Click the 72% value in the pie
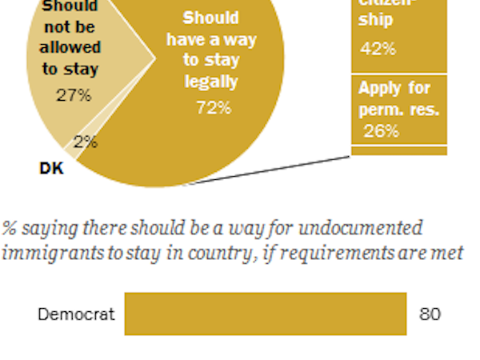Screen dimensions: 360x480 (214, 107)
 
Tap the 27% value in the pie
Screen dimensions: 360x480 (74, 96)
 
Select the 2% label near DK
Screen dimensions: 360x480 (86, 142)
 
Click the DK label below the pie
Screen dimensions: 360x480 (51, 168)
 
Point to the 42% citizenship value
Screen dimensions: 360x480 (378, 48)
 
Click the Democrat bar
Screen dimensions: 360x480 (265, 314)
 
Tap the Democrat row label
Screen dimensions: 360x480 (76, 314)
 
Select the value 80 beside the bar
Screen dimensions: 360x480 (430, 314)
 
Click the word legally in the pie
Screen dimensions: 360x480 (212, 81)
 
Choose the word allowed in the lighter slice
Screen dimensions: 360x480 (70, 48)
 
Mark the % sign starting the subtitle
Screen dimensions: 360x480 (10, 228)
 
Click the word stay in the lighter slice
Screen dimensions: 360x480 (81, 69)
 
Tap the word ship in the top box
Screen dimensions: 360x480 (376, 20)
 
